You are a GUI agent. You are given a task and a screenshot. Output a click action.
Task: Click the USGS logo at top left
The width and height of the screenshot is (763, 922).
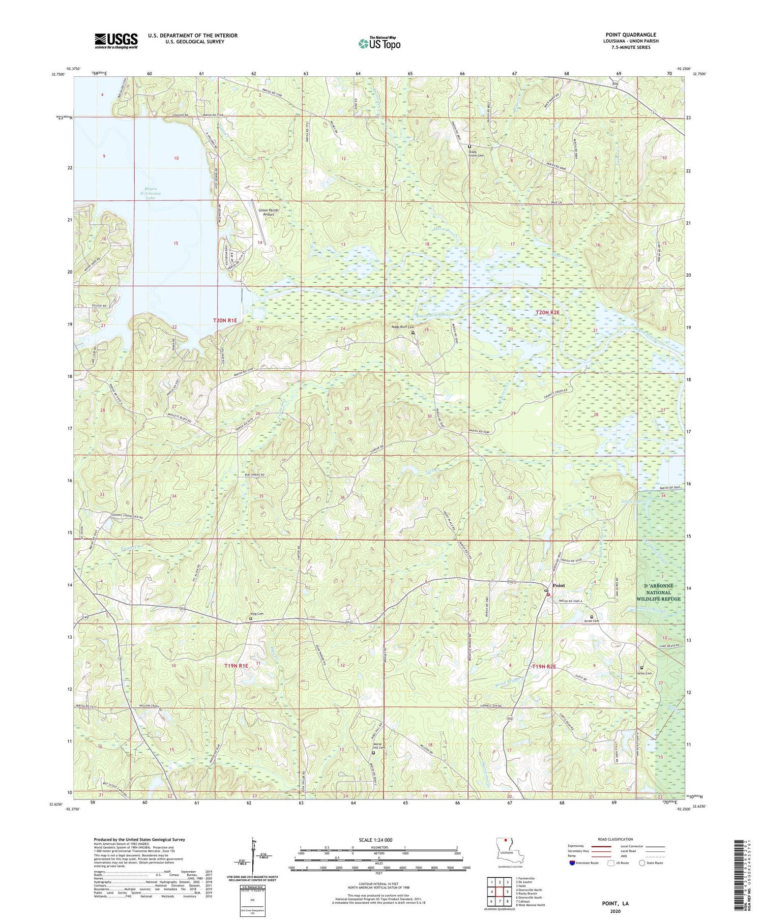pyautogui.click(x=116, y=41)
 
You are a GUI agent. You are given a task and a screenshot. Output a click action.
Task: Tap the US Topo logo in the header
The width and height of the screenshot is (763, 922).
pyautogui.click(x=379, y=43)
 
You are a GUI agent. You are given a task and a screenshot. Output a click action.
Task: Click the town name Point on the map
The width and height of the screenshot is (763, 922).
pyautogui.click(x=559, y=585)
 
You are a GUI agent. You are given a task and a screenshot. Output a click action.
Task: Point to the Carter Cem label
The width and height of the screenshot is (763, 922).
pyautogui.click(x=644, y=673)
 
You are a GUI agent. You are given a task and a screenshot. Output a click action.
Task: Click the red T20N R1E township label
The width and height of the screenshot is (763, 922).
pyautogui.click(x=225, y=320)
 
